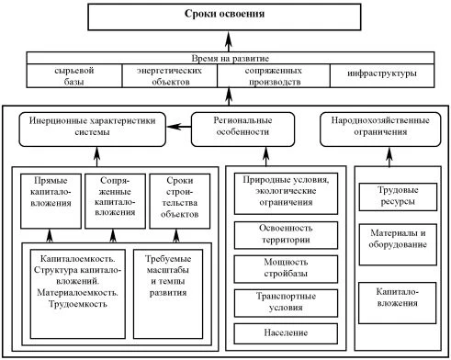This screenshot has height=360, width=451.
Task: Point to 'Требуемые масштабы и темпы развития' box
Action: point(165,283)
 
